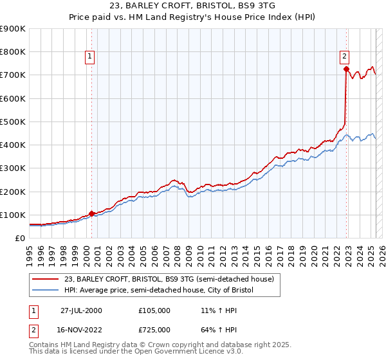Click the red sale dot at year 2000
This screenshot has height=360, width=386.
91,213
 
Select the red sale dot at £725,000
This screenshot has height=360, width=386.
346,69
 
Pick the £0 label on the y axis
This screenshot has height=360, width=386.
20,238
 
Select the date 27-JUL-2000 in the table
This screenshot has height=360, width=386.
81,310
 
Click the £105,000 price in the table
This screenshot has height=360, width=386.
154,310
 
